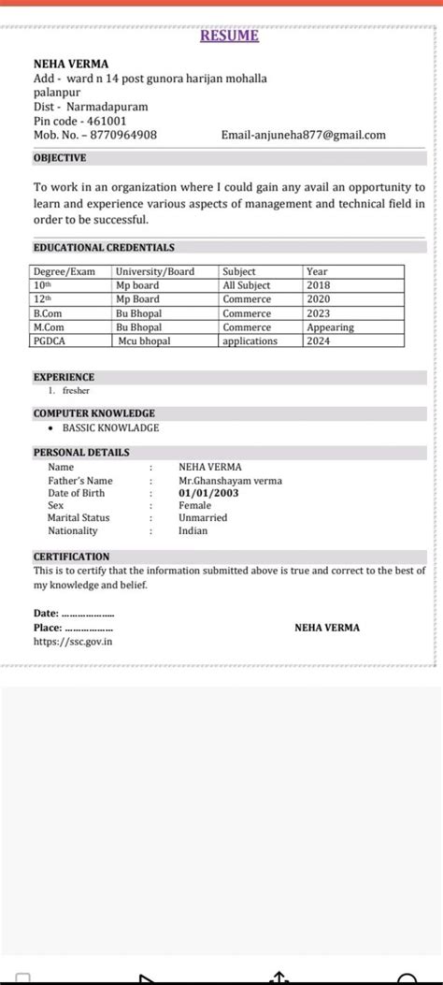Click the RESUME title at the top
coord(229,36)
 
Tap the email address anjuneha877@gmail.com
coord(303,136)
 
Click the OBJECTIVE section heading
coord(60,158)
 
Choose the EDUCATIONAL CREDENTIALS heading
coord(104,248)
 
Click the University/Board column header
coord(154,271)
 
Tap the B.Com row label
coord(49,313)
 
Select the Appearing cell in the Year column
coord(330,327)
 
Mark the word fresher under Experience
coord(76,390)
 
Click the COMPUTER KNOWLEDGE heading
coord(94,413)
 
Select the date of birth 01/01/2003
coord(207,493)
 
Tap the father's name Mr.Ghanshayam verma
coord(230,481)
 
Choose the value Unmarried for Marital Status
coord(203,517)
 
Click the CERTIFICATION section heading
coord(71,556)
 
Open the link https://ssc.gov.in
coord(74,642)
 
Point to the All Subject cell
coord(247,285)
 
